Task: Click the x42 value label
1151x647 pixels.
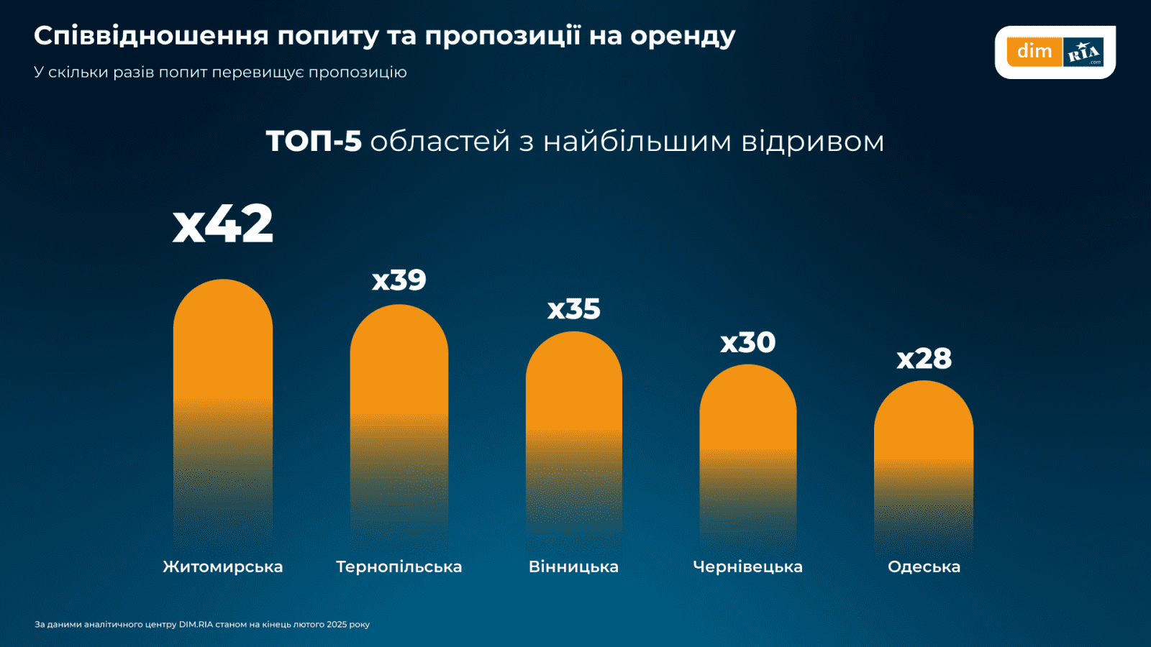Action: (x=223, y=224)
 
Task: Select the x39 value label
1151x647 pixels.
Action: (x=399, y=280)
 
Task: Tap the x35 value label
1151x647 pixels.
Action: (x=574, y=310)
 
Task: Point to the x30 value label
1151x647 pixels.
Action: (x=748, y=343)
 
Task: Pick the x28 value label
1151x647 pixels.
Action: (x=924, y=359)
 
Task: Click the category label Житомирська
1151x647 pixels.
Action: (x=223, y=567)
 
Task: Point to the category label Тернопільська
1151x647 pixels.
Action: (x=399, y=567)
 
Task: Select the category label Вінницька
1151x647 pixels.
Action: (x=574, y=567)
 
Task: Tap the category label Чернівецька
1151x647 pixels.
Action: (x=748, y=567)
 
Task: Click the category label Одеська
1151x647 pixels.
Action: (x=924, y=567)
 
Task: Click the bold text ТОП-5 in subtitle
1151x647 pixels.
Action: (x=314, y=142)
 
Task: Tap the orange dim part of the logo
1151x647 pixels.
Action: (x=1034, y=52)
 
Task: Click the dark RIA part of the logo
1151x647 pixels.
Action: (x=1083, y=52)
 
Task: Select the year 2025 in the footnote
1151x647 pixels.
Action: (x=337, y=625)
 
